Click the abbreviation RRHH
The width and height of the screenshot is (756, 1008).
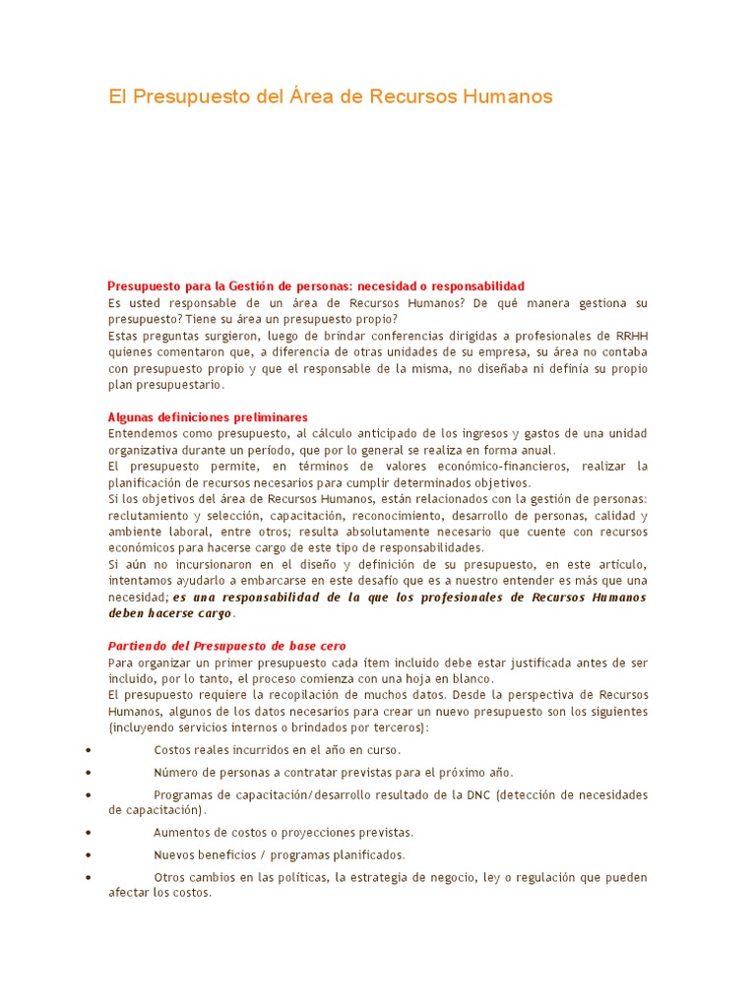[631, 336]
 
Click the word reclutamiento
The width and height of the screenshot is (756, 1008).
[148, 516]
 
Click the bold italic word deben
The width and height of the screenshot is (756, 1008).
[126, 613]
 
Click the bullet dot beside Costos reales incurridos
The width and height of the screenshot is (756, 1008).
[90, 750]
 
